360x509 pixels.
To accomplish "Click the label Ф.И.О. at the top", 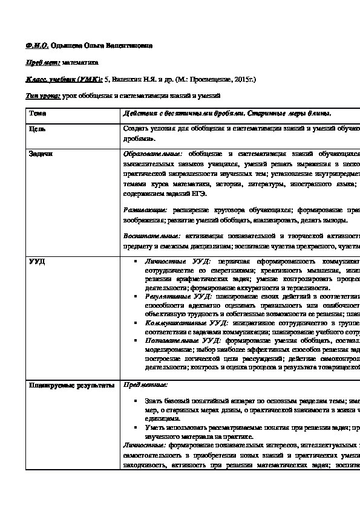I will (x=36, y=45).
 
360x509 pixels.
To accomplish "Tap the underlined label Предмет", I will (x=43, y=62).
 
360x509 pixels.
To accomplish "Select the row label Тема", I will (x=37, y=112).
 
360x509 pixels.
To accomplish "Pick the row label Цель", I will (x=38, y=129).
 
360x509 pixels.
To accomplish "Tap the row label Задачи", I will (x=41, y=153).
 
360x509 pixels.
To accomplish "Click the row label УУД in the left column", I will (x=37, y=261).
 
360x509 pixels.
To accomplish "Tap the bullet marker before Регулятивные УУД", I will (x=139, y=298).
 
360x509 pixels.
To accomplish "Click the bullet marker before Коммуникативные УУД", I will (x=139, y=323).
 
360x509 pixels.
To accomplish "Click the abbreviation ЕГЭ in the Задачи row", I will (x=198, y=193).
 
